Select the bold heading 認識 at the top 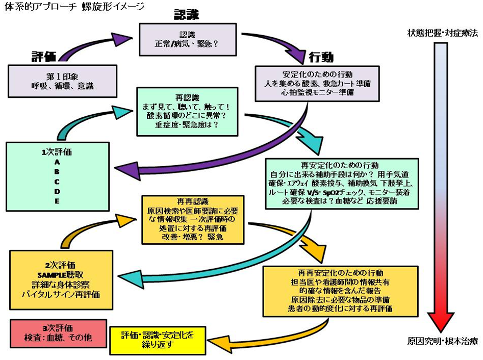coord(186,14)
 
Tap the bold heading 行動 coord(321,56)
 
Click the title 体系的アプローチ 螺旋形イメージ coord(73,7)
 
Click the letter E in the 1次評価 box coord(58,201)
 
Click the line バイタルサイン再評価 coord(60,295)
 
